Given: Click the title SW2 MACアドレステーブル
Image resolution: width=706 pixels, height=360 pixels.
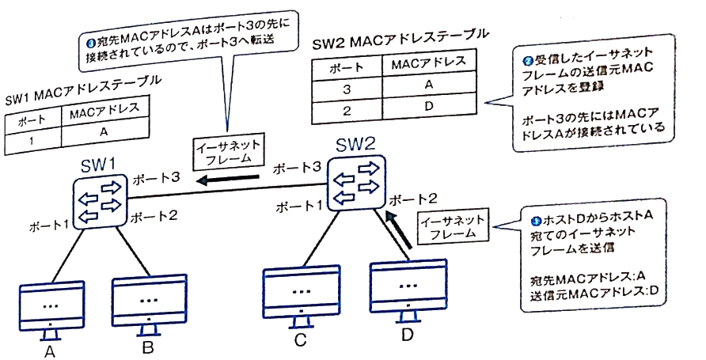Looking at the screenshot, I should [x=395, y=40].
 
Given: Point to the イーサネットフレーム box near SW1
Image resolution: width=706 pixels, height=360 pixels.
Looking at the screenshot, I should [x=228, y=151].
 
